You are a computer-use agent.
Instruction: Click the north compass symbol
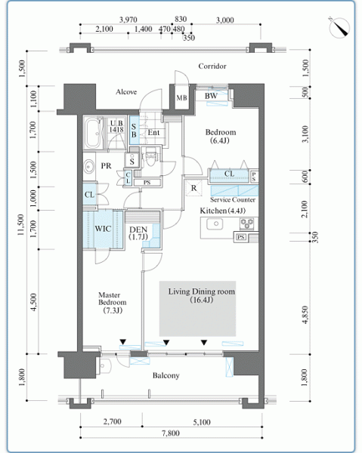click(339, 28)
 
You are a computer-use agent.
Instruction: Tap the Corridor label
click(212, 66)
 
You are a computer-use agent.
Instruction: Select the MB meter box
click(181, 97)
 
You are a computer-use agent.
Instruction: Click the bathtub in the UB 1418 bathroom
click(94, 133)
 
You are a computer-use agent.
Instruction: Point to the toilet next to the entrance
click(150, 157)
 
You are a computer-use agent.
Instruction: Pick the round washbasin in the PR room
click(88, 167)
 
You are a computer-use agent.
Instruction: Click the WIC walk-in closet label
click(103, 229)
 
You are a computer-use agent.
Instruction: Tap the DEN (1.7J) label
click(138, 233)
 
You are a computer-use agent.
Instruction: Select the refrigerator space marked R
click(193, 188)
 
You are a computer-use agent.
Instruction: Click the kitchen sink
click(215, 224)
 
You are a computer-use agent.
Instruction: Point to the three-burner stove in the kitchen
click(246, 223)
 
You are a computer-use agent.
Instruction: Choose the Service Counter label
click(233, 199)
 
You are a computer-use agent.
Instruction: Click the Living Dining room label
click(202, 295)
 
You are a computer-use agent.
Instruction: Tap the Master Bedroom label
click(112, 303)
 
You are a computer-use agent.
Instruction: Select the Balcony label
click(166, 375)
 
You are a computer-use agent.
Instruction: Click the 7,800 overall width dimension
click(171, 433)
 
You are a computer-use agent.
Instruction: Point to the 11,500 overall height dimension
click(20, 224)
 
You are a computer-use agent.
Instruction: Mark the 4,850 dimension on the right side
click(305, 315)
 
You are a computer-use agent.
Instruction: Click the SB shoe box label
click(134, 131)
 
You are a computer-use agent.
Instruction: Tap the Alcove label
click(126, 92)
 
